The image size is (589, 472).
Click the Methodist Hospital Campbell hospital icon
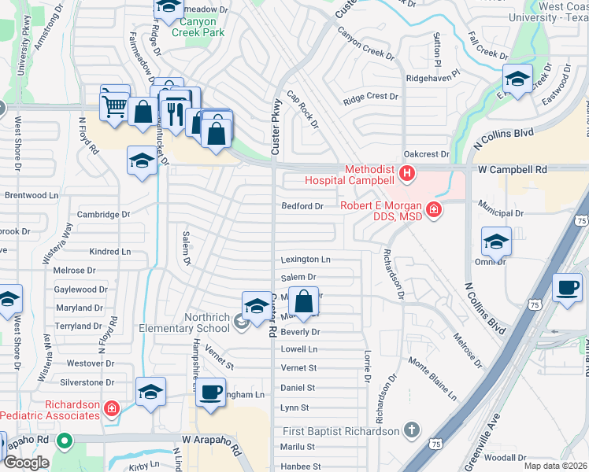(407, 174)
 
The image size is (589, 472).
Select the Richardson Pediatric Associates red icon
(112, 408)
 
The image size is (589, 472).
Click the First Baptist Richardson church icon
(410, 430)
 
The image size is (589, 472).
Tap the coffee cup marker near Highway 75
(567, 288)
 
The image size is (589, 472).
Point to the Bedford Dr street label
(303, 207)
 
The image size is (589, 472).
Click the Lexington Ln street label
(306, 260)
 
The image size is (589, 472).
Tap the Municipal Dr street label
(499, 213)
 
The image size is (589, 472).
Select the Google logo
(25, 463)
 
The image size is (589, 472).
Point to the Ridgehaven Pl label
(432, 79)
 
